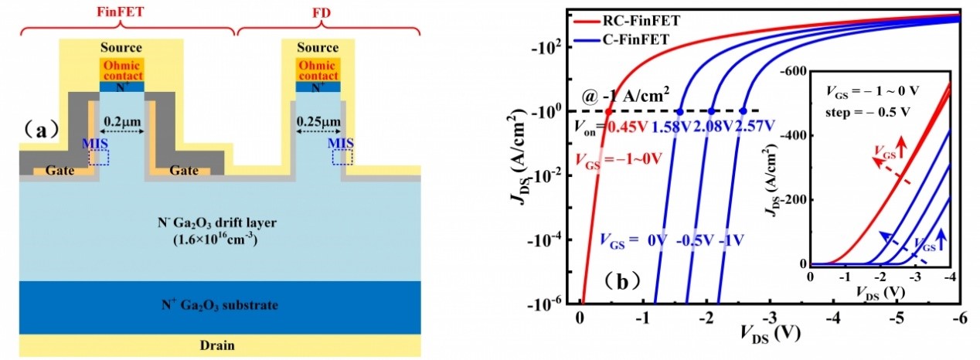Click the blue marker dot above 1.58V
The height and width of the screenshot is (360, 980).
tap(680, 111)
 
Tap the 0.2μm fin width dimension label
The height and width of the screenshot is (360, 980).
tap(123, 121)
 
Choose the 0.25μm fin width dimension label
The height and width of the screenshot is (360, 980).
tap(318, 121)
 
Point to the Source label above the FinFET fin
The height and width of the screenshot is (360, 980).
tap(122, 47)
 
